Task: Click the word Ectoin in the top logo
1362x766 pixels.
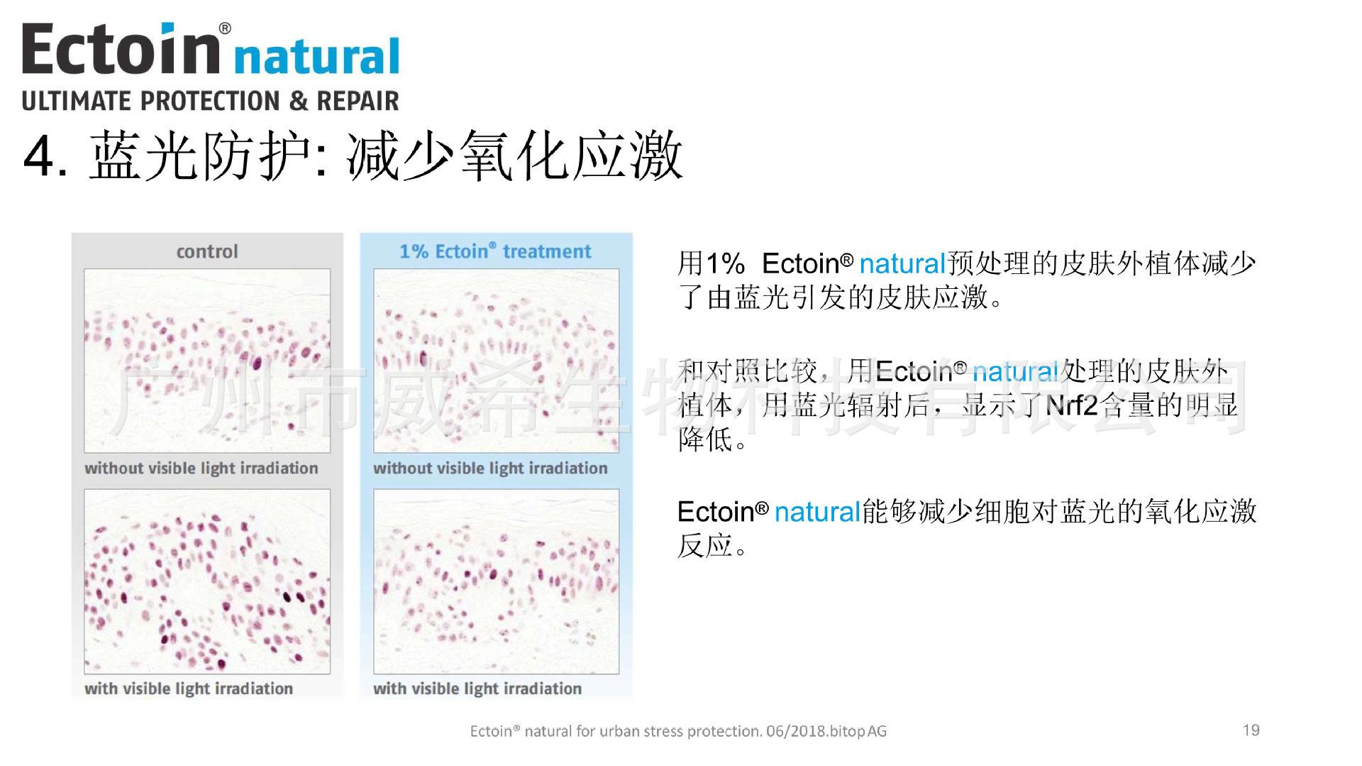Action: [x=119, y=48]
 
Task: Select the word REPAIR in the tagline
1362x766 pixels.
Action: [x=358, y=101]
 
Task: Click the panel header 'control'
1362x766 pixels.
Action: [x=207, y=251]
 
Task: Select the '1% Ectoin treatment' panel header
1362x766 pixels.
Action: [x=495, y=251]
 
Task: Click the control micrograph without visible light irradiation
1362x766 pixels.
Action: [x=207, y=361]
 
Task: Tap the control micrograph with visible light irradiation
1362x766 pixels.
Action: [x=207, y=581]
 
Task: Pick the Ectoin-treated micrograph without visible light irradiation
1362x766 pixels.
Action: [x=497, y=361]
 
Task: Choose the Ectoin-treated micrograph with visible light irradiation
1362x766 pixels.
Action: [x=497, y=581]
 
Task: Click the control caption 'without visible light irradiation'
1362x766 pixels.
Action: [x=201, y=469]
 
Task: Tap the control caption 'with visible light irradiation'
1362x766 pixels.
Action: [x=189, y=689]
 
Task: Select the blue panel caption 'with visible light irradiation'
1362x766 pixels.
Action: [x=477, y=689]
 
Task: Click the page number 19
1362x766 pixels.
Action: [x=1251, y=730]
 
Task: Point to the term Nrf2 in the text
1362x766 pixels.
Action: [x=1071, y=405]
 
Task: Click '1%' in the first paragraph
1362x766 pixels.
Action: [x=725, y=264]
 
